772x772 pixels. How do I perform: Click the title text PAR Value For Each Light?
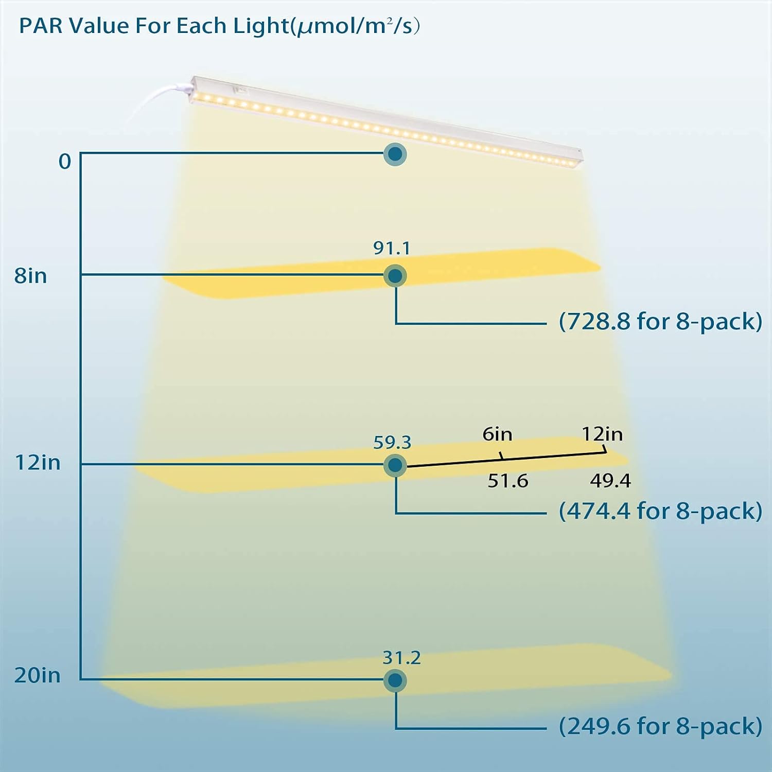[x=219, y=26]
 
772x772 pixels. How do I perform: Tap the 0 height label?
[x=65, y=162]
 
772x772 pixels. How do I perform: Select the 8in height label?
[x=31, y=276]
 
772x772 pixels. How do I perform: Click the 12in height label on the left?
[x=38, y=463]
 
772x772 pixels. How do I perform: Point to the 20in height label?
[x=37, y=675]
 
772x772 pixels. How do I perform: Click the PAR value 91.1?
[x=392, y=248]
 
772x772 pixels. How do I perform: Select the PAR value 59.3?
[x=392, y=442]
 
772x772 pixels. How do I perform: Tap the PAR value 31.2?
[x=401, y=658]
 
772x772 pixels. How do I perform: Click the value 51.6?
[x=508, y=481]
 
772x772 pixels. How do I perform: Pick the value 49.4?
[x=610, y=481]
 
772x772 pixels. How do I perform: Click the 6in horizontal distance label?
[x=497, y=434]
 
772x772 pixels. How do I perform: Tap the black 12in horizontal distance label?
[x=602, y=434]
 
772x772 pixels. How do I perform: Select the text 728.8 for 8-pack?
[x=660, y=322]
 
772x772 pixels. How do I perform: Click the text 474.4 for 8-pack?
[x=660, y=511]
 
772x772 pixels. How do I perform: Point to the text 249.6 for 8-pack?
[x=660, y=726]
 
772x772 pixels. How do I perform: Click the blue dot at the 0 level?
[x=395, y=154]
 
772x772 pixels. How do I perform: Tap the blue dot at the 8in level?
[x=395, y=276]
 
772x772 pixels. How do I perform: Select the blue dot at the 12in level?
[x=395, y=465]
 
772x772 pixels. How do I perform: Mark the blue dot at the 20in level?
[x=395, y=680]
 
